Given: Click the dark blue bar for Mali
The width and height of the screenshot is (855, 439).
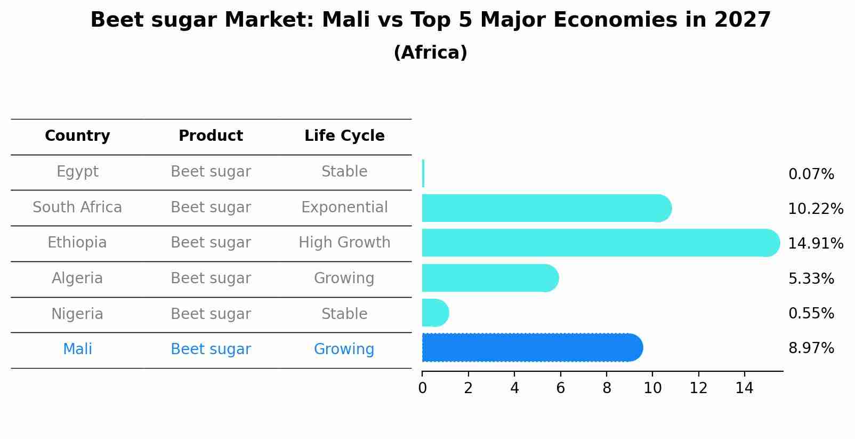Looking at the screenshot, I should [532, 348].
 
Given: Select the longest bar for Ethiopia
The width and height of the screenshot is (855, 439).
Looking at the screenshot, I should [600, 243].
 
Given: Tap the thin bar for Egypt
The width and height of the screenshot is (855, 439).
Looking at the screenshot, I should [423, 173].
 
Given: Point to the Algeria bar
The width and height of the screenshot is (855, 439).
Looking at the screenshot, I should [489, 278].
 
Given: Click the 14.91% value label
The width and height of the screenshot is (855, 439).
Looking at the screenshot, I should [815, 244].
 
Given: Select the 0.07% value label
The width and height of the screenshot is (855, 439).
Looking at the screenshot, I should [811, 174].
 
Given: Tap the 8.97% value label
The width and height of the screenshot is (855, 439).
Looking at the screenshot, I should [811, 348].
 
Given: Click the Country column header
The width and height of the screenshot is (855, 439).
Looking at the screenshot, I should [77, 136].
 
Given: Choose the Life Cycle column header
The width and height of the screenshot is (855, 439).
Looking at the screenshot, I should [344, 136].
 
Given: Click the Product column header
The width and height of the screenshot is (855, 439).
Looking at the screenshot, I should [211, 136].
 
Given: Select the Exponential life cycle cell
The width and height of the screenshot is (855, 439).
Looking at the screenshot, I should [344, 207].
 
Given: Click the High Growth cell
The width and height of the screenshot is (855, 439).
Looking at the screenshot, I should [344, 243].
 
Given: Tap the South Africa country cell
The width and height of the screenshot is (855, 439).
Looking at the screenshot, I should [77, 207].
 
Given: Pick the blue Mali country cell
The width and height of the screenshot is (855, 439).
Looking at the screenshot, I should [77, 349].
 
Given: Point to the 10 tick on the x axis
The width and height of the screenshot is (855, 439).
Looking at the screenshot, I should [652, 388].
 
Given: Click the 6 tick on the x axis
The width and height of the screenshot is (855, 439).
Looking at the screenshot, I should [560, 388].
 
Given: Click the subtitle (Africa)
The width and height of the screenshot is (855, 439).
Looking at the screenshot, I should [430, 53].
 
